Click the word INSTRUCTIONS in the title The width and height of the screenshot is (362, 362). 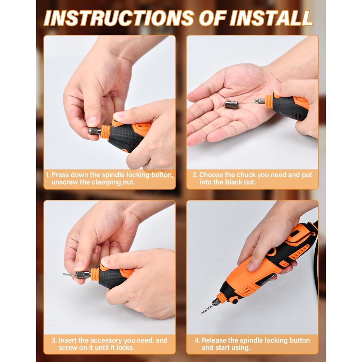[x=119, y=18]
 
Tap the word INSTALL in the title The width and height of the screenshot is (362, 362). [x=271, y=18]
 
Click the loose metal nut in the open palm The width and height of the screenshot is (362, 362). [x=231, y=105]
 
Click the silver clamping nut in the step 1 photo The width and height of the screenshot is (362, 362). [x=95, y=131]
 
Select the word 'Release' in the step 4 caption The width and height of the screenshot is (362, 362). [x=214, y=340]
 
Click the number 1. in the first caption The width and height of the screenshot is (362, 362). [x=48, y=175]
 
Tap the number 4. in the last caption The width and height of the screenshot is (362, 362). [x=197, y=340]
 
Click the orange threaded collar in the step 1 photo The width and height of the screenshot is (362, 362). [x=105, y=132]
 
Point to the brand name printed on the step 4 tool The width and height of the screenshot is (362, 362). [x=267, y=280]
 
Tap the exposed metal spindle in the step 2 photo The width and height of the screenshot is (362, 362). [x=259, y=101]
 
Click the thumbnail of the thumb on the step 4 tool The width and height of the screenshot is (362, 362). [x=251, y=267]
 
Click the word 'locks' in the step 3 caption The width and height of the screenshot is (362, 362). [x=125, y=348]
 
